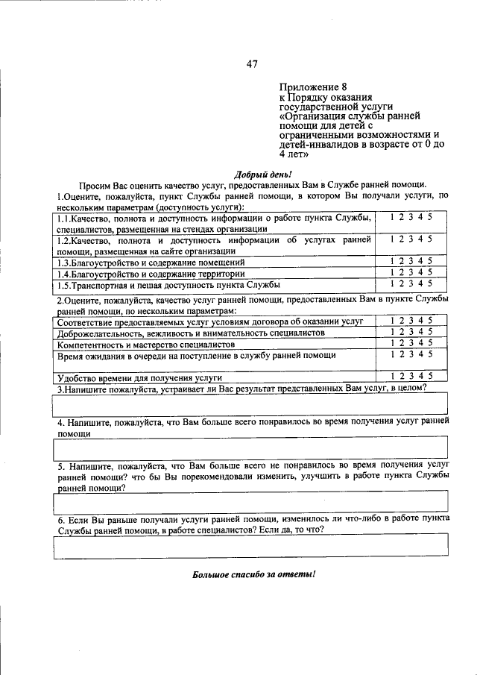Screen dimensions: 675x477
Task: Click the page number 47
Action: (x=251, y=64)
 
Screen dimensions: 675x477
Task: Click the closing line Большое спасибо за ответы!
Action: (x=253, y=574)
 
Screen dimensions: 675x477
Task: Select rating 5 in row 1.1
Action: (x=430, y=216)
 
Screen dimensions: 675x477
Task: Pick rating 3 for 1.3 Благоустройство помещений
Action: (x=411, y=261)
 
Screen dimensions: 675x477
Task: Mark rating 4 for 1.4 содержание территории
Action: (x=421, y=272)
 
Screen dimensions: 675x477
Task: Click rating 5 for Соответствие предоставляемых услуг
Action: (x=430, y=320)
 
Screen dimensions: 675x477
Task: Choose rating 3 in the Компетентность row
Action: (x=411, y=342)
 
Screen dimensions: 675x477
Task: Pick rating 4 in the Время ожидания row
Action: (x=421, y=354)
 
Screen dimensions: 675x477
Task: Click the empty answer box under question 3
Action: (x=250, y=404)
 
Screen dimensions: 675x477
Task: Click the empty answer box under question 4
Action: (x=250, y=448)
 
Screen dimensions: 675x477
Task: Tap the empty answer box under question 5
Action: (x=250, y=502)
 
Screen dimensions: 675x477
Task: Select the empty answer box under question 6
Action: (x=250, y=546)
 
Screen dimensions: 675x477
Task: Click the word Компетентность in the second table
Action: (x=92, y=345)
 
